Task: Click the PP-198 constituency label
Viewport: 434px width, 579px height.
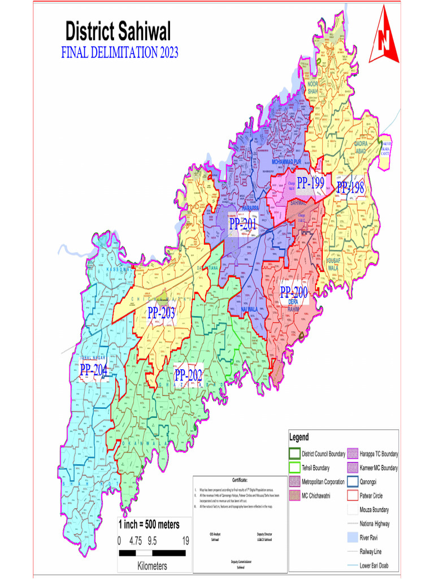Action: pyautogui.click(x=350, y=188)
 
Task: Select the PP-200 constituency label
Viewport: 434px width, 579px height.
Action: pyautogui.click(x=294, y=292)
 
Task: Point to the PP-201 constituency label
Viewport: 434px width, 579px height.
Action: pyautogui.click(x=243, y=224)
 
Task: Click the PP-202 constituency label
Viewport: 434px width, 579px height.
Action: pyautogui.click(x=188, y=375)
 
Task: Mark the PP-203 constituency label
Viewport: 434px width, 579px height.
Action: pyautogui.click(x=162, y=313)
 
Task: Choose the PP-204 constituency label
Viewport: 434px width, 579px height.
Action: pyautogui.click(x=94, y=370)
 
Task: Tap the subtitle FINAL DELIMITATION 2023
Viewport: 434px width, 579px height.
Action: pyautogui.click(x=119, y=53)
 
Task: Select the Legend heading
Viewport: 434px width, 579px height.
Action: pyautogui.click(x=299, y=437)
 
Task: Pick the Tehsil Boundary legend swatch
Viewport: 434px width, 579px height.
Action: pyautogui.click(x=294, y=468)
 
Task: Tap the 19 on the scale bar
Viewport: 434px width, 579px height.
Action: pyautogui.click(x=185, y=541)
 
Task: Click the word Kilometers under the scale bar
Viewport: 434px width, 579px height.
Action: pyautogui.click(x=152, y=565)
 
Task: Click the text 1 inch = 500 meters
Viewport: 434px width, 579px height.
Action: pyautogui.click(x=149, y=524)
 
